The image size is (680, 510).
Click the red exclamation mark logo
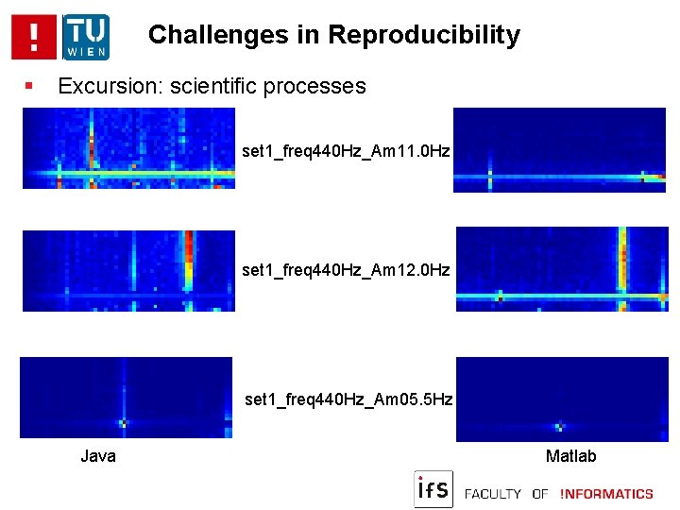click(x=34, y=37)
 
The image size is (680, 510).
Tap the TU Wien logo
click(x=86, y=37)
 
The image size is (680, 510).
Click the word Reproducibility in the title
click(x=424, y=35)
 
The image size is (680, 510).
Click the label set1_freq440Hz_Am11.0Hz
click(x=346, y=150)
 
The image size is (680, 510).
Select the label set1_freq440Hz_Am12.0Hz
click(x=346, y=270)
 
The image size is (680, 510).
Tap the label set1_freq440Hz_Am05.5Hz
click(x=348, y=399)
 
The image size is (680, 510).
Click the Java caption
click(x=98, y=456)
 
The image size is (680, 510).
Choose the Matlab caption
click(x=571, y=456)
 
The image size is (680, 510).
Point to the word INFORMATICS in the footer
click(x=606, y=493)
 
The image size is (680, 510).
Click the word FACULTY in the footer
click(x=494, y=493)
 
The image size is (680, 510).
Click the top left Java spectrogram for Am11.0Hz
click(x=128, y=148)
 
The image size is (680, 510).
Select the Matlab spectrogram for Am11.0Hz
click(x=559, y=149)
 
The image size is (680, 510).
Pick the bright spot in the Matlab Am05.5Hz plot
click(x=559, y=426)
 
